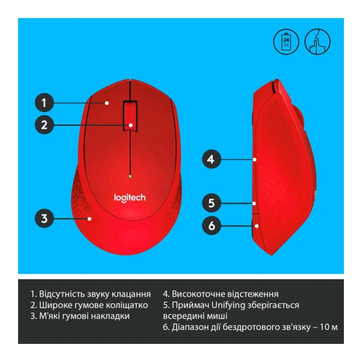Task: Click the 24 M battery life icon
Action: point(286,41)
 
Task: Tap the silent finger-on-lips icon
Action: point(317,41)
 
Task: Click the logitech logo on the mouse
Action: point(130,197)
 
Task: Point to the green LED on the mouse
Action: point(130,176)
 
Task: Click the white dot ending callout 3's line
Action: point(90,219)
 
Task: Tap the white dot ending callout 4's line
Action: point(255,160)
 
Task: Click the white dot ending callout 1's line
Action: point(107,103)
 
